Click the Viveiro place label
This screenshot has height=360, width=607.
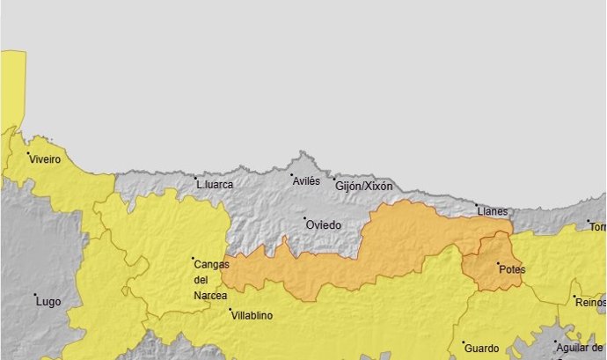(44, 160)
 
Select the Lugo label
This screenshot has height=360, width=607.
(48, 302)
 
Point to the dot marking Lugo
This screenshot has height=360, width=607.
(35, 295)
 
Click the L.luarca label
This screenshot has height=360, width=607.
(215, 185)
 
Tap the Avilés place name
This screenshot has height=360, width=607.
(306, 180)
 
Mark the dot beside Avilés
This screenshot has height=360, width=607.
(292, 174)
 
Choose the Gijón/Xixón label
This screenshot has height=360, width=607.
(363, 187)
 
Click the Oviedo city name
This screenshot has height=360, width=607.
(323, 225)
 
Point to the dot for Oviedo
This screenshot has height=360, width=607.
(305, 218)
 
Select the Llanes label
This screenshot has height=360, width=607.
(491, 212)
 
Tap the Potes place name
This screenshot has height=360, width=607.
(511, 269)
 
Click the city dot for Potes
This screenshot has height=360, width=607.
(498, 263)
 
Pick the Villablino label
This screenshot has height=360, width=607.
(252, 315)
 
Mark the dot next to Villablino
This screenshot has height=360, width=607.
(230, 310)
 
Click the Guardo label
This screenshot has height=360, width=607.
(481, 348)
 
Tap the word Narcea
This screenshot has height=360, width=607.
(211, 296)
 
